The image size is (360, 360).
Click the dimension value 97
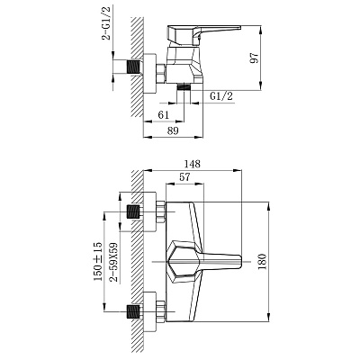(254, 58)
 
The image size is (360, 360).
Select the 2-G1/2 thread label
(106, 23)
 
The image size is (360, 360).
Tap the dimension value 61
(164, 114)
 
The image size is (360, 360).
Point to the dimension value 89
(173, 130)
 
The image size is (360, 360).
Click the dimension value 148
(193, 164)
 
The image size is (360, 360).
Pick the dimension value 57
(184, 177)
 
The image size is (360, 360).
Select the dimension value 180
(262, 262)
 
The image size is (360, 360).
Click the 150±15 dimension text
(98, 262)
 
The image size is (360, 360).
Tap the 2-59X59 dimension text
(113, 262)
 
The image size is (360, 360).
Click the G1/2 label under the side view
(221, 96)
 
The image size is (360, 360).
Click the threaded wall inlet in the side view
(134, 67)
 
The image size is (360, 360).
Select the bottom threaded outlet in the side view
(184, 87)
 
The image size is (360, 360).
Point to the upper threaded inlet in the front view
(134, 212)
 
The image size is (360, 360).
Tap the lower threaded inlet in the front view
(134, 312)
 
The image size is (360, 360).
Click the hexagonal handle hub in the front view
(183, 261)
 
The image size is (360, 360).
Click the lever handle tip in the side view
(239, 28)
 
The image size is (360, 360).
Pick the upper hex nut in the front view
(161, 212)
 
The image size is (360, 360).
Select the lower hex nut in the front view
(161, 311)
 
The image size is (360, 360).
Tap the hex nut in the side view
(161, 73)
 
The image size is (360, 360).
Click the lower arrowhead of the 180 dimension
(269, 318)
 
